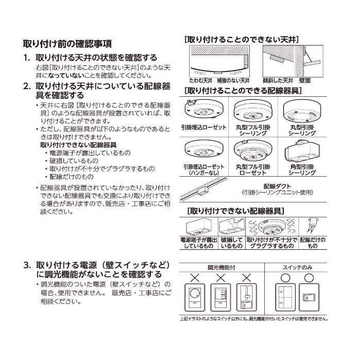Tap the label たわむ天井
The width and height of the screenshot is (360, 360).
pyautogui.click(x=200, y=81)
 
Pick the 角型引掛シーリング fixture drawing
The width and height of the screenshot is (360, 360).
pyautogui.click(x=302, y=152)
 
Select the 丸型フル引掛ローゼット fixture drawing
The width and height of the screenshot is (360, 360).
pyautogui.click(x=253, y=151)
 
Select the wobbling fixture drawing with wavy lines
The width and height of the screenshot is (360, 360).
pyautogui.click(x=271, y=227)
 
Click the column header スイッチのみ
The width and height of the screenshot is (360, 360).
pyautogui.click(x=296, y=268)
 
